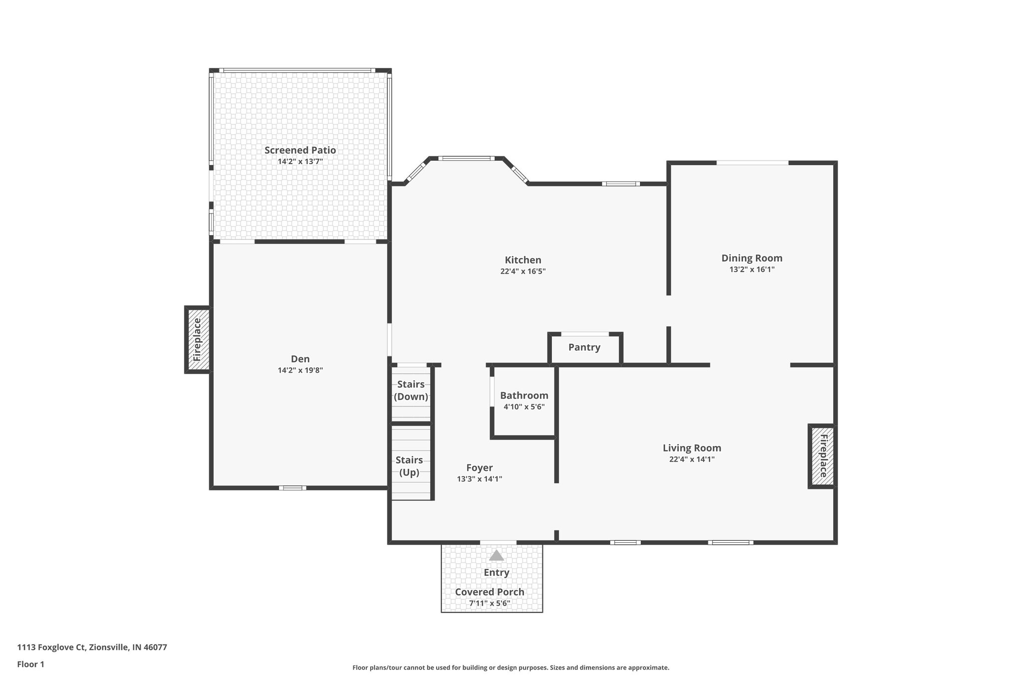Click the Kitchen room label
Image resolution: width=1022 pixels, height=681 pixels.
(x=522, y=260)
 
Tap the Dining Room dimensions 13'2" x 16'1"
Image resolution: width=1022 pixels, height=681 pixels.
(x=752, y=269)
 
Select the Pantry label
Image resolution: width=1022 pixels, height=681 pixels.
(x=584, y=347)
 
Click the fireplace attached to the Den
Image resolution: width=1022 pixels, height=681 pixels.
(x=198, y=340)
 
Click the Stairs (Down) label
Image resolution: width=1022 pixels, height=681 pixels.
(x=411, y=390)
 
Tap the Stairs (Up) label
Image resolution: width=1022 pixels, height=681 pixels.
(x=409, y=466)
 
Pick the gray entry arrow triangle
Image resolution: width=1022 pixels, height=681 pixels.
(x=496, y=555)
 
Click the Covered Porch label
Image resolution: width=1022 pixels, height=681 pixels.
(x=490, y=592)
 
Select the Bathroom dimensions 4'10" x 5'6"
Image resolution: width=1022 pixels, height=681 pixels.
(x=524, y=407)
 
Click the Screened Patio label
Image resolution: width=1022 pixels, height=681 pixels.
(x=300, y=150)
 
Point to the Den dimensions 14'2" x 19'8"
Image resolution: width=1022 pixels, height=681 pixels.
(x=300, y=370)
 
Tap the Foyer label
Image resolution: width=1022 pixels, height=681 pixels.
(x=479, y=467)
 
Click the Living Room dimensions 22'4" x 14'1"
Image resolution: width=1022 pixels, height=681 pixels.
(x=692, y=459)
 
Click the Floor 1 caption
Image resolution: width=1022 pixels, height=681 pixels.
(x=30, y=664)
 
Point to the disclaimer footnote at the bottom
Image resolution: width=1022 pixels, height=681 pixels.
(x=511, y=668)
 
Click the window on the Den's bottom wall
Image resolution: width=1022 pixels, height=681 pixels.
(x=292, y=488)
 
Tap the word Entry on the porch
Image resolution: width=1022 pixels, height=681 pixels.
(x=496, y=573)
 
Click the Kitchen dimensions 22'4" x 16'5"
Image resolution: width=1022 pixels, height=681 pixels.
(x=522, y=271)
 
